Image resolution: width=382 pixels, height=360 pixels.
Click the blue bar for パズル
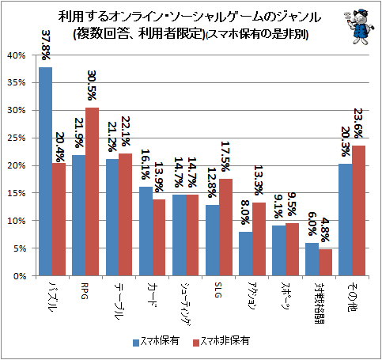coord(45,172)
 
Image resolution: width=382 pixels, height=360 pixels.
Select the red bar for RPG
coord(92,191)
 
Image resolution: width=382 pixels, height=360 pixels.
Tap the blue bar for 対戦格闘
coord(312,260)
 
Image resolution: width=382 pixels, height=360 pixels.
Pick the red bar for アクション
coord(259,239)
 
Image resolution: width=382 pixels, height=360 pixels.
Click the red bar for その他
coord(358,210)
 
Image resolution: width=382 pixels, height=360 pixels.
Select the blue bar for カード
coord(146,231)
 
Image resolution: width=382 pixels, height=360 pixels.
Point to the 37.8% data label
coord(46,45)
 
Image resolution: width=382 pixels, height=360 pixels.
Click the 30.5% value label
coord(92,85)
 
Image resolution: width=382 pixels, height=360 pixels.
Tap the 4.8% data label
coord(325,230)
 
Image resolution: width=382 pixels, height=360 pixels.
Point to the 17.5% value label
coord(225,157)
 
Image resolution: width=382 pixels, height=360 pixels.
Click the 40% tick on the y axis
coord(17,55)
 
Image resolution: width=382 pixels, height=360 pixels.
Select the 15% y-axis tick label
coord(17,193)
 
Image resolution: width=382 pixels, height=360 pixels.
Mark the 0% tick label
coord(20,276)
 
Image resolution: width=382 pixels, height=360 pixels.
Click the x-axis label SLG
coord(217,290)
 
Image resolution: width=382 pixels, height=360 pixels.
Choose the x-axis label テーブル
coord(119,301)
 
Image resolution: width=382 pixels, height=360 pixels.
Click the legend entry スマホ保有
coord(157,341)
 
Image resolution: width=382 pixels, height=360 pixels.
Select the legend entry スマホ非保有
coord(221,341)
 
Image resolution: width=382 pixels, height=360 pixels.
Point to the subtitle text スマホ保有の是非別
coord(257,34)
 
